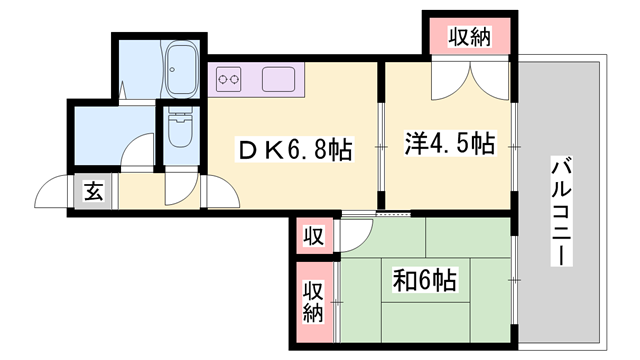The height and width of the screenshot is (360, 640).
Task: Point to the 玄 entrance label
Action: click(x=93, y=192)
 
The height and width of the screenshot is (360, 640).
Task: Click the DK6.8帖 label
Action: click(x=292, y=151)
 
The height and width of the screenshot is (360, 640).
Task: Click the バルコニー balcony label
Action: click(x=562, y=210)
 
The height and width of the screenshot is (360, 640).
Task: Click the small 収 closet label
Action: click(x=314, y=238)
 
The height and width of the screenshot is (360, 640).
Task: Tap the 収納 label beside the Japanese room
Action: click(x=314, y=300)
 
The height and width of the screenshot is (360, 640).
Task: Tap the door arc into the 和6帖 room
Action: click(x=351, y=237)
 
